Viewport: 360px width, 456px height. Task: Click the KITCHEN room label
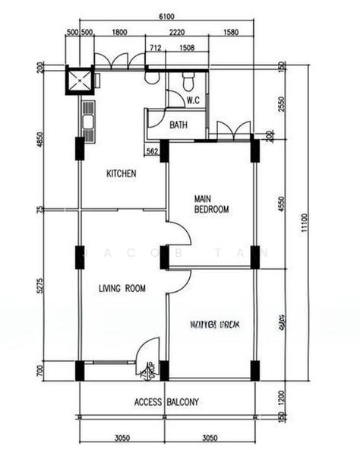click(121, 173)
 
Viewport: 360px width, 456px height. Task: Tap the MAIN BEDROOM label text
click(211, 202)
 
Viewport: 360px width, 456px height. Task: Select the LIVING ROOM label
click(122, 288)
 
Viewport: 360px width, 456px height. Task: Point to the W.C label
click(193, 99)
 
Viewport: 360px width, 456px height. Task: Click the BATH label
click(178, 125)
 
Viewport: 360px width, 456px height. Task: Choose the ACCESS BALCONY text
click(166, 402)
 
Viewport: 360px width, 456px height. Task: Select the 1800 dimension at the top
click(118, 33)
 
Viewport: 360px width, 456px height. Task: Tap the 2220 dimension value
click(177, 33)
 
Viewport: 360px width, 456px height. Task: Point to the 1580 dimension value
click(232, 33)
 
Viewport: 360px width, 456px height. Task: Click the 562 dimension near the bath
click(152, 152)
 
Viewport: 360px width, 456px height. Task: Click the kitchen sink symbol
click(87, 122)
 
